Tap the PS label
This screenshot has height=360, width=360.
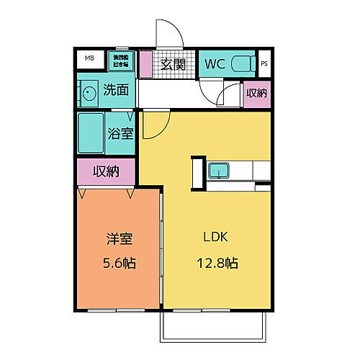[x=264, y=63]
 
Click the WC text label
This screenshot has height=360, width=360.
[x=215, y=64]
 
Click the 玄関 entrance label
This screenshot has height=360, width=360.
[x=173, y=64]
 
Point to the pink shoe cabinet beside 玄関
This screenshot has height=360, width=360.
[x=145, y=64]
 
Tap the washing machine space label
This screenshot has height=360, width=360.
[x=120, y=60]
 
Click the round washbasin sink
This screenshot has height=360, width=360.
[x=89, y=94]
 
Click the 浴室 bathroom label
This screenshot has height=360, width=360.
[x=120, y=134]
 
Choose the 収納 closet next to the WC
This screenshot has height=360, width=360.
[x=256, y=94]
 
